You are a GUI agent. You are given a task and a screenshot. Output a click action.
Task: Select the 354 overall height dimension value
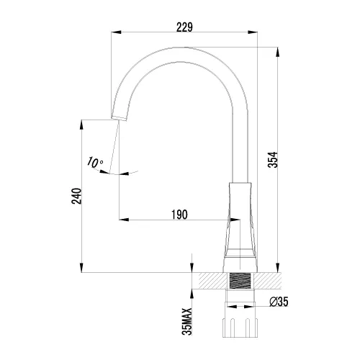pos(272,160)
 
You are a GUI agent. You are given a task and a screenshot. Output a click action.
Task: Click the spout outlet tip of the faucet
pos(117,117)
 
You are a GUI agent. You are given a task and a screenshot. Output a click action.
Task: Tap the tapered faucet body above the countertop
pos(241,223)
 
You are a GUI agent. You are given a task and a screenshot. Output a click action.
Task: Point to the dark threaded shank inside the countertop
pos(241,282)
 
